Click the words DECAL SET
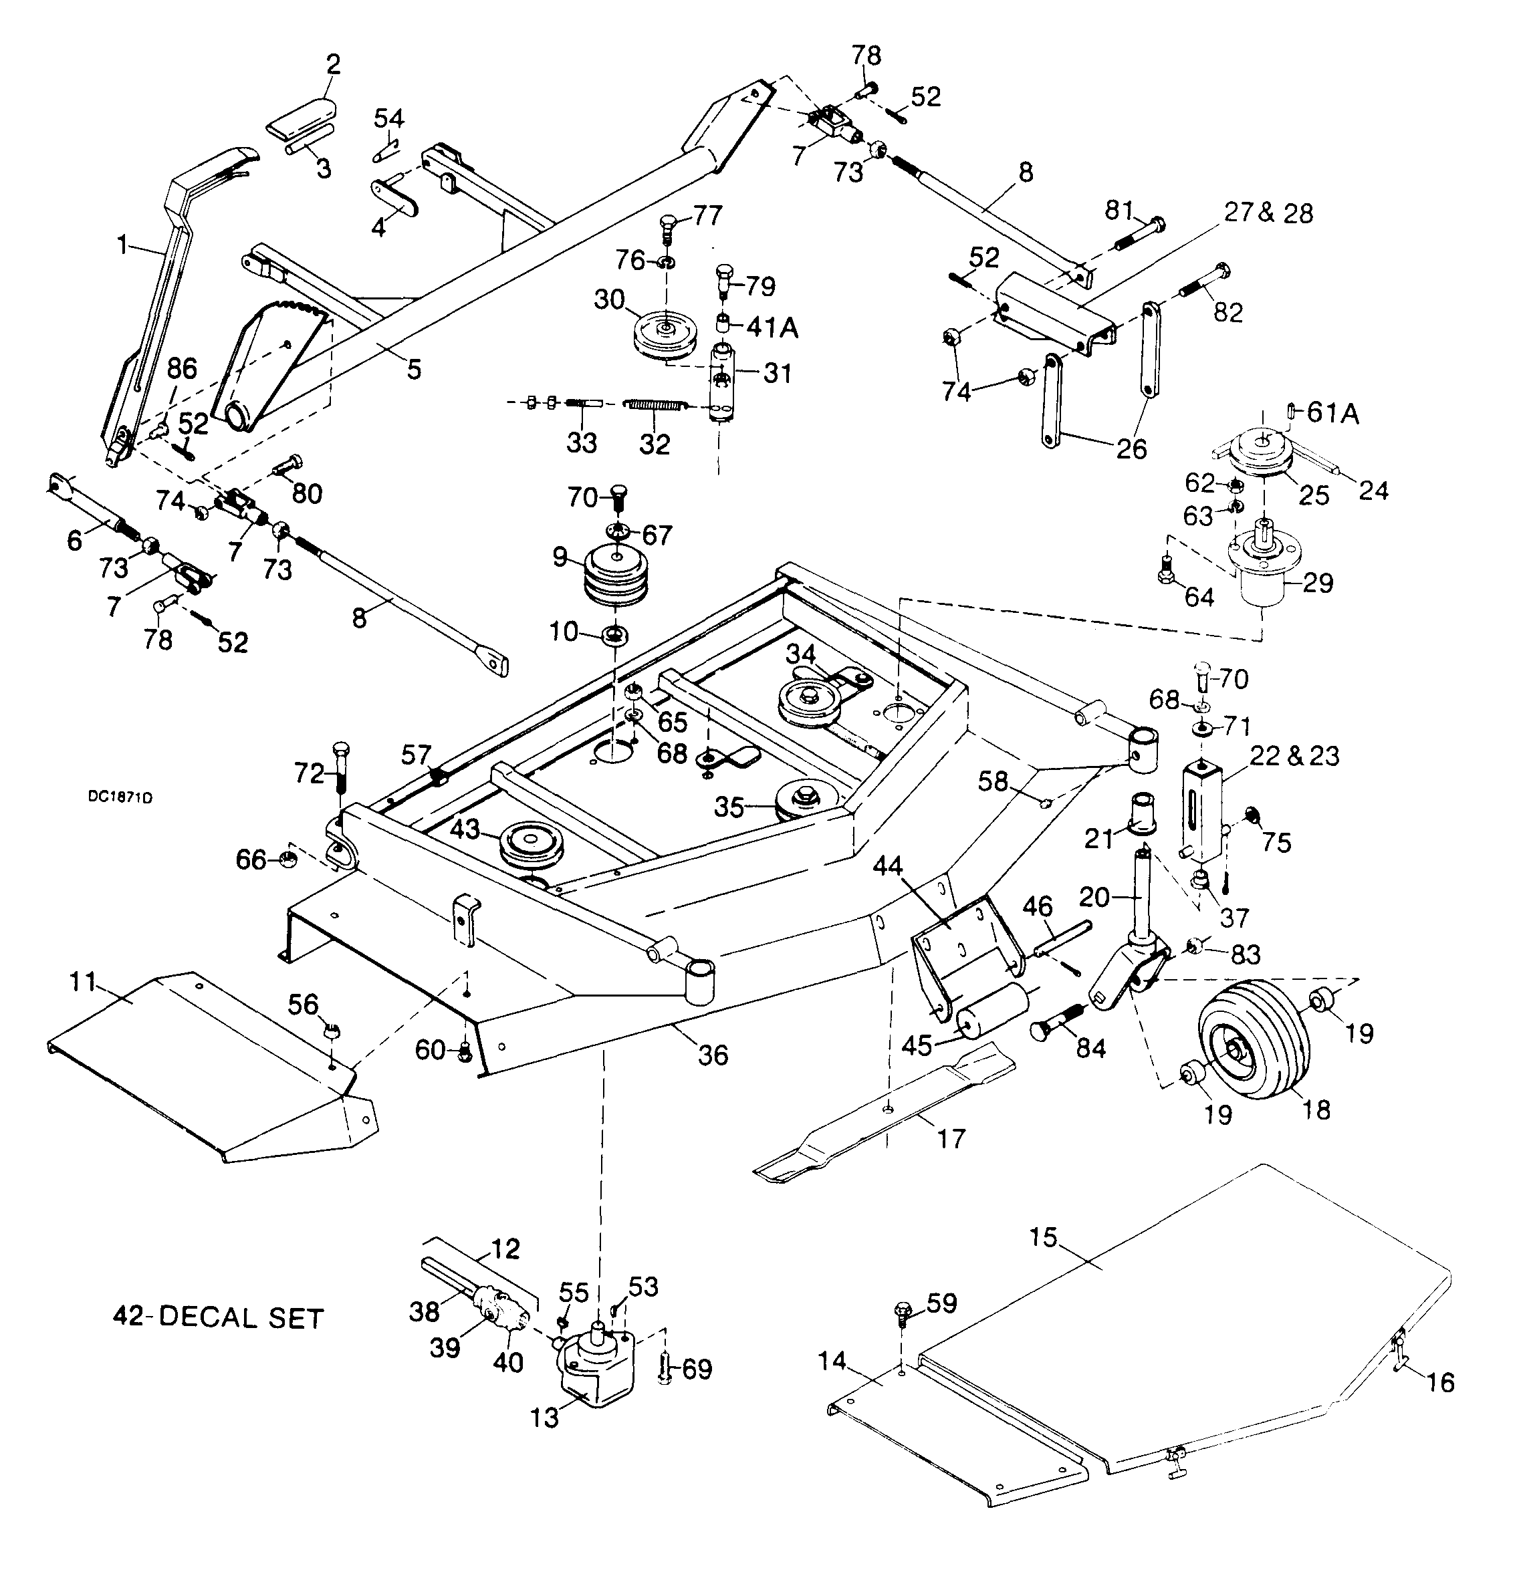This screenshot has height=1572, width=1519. [x=241, y=1319]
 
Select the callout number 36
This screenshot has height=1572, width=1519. [x=713, y=1055]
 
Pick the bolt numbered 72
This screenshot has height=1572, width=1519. [x=340, y=765]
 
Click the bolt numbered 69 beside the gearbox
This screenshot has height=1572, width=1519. [x=665, y=1366]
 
